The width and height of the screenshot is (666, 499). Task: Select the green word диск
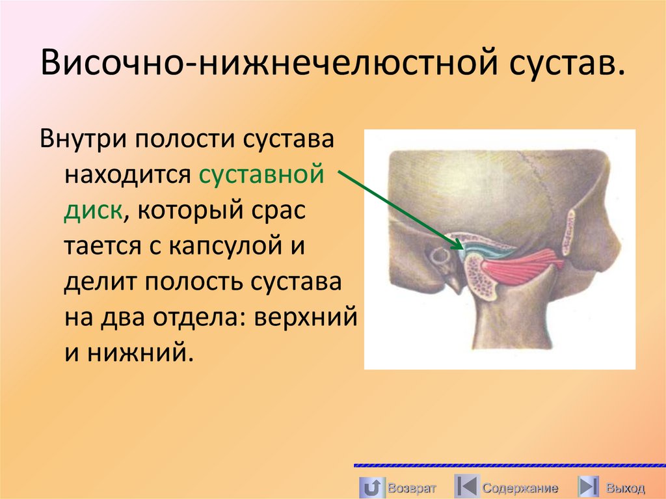(x=93, y=211)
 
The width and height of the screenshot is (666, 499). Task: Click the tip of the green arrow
(x=462, y=247)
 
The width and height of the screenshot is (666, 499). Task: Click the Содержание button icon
(x=466, y=487)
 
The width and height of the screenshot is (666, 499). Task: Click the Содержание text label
(x=520, y=488)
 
